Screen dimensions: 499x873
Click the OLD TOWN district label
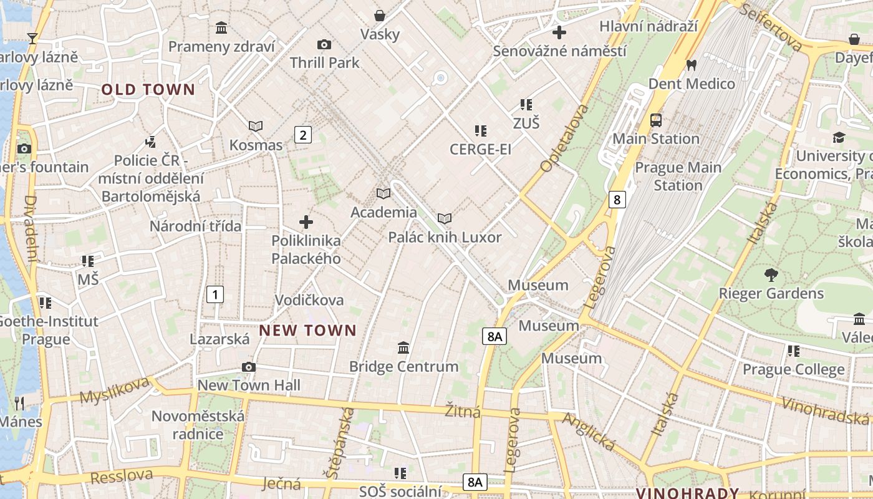(x=148, y=90)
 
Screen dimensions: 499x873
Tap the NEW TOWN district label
(x=307, y=331)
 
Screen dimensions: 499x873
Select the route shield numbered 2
(x=302, y=135)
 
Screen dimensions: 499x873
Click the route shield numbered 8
(x=617, y=200)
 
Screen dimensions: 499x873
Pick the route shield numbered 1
(x=215, y=294)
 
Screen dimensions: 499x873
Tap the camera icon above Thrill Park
(x=324, y=44)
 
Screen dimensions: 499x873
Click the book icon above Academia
(x=383, y=194)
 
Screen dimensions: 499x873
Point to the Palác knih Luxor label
(x=445, y=238)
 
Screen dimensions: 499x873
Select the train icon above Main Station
(x=655, y=120)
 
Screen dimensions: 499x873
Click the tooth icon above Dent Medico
(x=691, y=65)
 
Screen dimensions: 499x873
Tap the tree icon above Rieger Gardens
(x=771, y=274)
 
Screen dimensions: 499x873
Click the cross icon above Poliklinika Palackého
(x=306, y=222)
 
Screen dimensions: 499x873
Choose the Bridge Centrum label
(x=403, y=367)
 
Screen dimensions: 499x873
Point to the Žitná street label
(x=463, y=412)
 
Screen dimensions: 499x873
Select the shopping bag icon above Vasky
(x=379, y=16)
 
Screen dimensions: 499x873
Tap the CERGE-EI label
(x=480, y=150)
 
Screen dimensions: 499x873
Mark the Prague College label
(x=793, y=369)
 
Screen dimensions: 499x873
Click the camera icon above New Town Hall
(x=248, y=367)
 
